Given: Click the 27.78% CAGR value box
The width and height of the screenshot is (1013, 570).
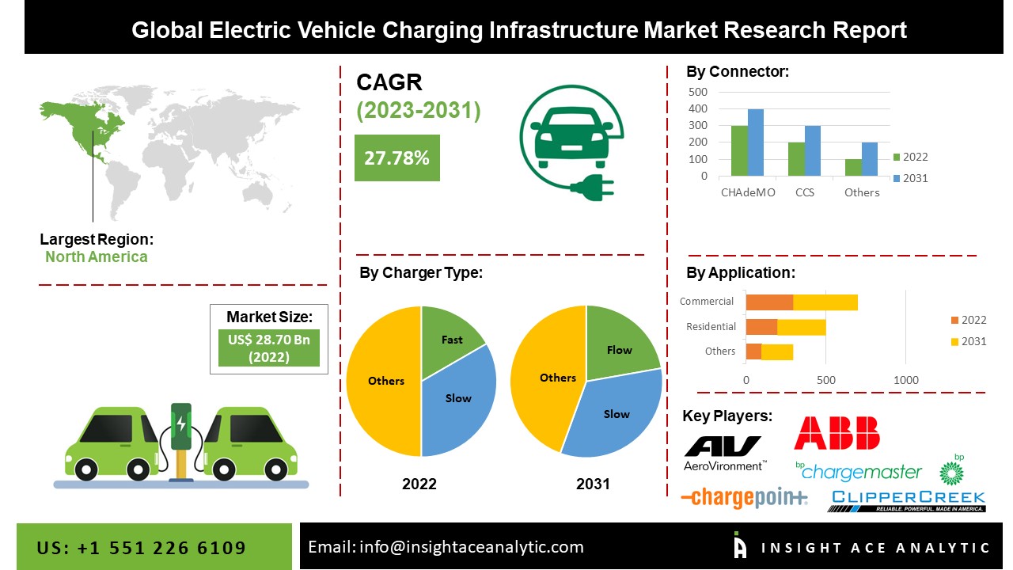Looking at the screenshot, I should click(x=396, y=158).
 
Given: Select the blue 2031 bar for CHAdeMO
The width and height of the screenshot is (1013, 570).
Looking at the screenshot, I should click(x=755, y=143).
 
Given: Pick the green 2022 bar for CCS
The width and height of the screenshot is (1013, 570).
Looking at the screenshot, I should click(x=796, y=159).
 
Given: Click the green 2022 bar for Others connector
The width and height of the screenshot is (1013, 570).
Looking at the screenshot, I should click(x=853, y=168).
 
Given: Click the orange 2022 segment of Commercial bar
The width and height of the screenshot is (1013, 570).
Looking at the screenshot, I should click(x=769, y=302).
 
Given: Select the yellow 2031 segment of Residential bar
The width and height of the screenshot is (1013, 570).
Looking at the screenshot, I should click(x=801, y=327).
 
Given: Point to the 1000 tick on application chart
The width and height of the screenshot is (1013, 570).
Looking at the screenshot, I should click(x=906, y=380).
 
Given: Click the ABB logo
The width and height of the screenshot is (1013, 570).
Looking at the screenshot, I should click(x=837, y=433).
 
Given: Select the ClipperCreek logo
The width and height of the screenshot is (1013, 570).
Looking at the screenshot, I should click(x=906, y=500).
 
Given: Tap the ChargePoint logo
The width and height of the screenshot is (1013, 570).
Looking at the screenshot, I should click(x=744, y=497).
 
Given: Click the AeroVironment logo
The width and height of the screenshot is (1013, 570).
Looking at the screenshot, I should click(x=724, y=453).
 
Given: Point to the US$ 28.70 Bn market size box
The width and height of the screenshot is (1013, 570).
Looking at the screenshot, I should click(x=268, y=349).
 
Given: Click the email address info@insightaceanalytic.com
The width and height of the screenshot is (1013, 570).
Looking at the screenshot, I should click(x=446, y=547).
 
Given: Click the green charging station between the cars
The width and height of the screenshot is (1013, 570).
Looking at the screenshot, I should click(x=181, y=435).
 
